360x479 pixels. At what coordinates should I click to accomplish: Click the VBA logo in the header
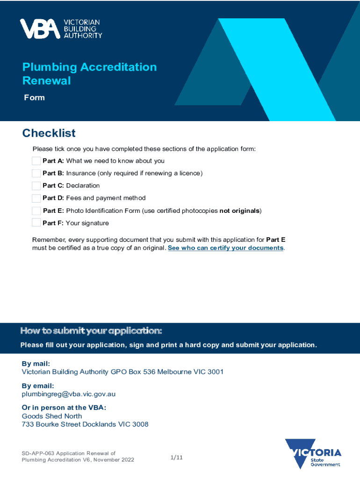[60, 29]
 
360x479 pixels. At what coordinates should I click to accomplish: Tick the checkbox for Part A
[36, 161]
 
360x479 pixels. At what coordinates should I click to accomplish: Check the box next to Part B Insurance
[36, 173]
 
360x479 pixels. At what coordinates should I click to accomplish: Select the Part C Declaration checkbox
[36, 186]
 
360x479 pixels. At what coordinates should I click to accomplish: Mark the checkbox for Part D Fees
[36, 198]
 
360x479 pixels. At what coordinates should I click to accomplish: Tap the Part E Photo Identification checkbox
[36, 210]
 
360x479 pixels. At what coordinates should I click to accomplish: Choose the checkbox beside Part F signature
[36, 223]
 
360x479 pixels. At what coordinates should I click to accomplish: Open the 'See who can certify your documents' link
[225, 248]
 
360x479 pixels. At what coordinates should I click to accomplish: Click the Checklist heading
[49, 133]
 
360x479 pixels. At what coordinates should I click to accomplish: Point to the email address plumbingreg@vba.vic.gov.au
[69, 394]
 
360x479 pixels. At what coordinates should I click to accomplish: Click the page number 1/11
[176, 457]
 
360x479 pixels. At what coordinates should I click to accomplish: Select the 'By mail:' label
[36, 363]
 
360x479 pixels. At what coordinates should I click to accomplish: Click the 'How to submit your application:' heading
[91, 331]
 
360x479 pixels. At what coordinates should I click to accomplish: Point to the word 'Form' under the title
[35, 97]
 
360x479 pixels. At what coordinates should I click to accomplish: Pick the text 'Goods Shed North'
[52, 416]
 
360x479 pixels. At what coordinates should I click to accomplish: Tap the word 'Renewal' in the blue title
[47, 80]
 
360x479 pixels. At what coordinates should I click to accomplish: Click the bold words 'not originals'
[239, 210]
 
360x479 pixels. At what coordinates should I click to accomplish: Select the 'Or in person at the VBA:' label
[64, 407]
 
